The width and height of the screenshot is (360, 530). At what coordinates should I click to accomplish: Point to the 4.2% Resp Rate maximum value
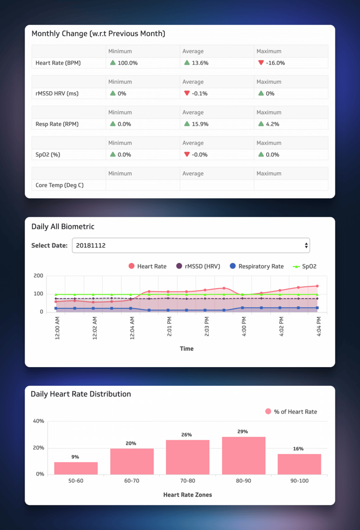272,124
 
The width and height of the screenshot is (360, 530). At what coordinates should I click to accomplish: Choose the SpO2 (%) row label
48,155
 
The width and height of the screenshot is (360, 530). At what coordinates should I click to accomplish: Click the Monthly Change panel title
98,33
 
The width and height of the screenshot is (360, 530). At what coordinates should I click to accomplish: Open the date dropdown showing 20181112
191,245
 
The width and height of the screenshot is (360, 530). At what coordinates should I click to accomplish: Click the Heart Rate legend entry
148,266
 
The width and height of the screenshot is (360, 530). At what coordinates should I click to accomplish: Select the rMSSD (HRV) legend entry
198,266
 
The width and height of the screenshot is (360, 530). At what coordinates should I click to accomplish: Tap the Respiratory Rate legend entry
257,266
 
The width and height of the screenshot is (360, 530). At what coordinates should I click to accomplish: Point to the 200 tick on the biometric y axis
38,276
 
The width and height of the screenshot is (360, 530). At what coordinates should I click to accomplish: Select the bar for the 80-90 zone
243,455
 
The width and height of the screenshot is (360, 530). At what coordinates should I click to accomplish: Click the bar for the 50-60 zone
76,468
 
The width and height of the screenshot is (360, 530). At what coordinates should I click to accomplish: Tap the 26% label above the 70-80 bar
186,435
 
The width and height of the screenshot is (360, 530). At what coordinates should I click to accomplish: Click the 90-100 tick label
299,481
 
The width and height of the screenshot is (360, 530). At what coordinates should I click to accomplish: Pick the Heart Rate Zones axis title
187,495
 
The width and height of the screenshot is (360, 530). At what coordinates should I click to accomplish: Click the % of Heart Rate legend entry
291,412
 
